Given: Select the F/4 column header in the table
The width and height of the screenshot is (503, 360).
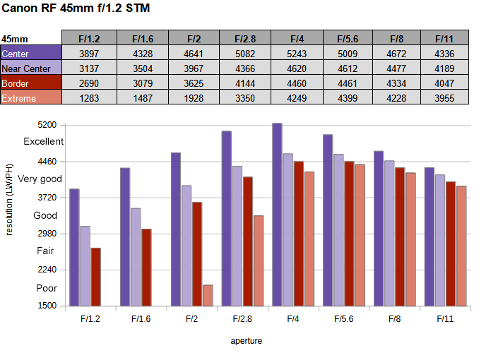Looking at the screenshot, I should pyautogui.click(x=297, y=38).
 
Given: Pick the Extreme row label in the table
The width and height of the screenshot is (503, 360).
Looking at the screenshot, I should pyautogui.click(x=19, y=98).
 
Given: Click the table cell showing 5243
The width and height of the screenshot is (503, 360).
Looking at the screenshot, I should pyautogui.click(x=297, y=54).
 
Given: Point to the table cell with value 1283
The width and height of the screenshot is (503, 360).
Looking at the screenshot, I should pyautogui.click(x=88, y=98).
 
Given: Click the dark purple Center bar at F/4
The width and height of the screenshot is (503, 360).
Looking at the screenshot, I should pyautogui.click(x=277, y=215).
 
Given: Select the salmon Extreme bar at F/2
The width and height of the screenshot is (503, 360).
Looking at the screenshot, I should pyautogui.click(x=208, y=295).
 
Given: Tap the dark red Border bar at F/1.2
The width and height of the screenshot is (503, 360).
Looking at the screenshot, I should pyautogui.click(x=95, y=277).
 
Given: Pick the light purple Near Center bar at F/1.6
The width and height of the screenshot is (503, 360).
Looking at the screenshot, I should pyautogui.click(x=136, y=257).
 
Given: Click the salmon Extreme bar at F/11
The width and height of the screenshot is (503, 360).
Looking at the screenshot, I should pyautogui.click(x=461, y=246).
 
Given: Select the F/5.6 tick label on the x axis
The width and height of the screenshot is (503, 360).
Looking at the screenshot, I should pyautogui.click(x=344, y=319).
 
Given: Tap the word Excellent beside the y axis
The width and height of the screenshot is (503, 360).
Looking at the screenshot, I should pyautogui.click(x=43, y=141).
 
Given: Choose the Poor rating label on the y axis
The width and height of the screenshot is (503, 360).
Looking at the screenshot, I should pyautogui.click(x=47, y=288).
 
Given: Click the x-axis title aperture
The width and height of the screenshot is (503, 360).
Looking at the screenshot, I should pyautogui.click(x=247, y=341).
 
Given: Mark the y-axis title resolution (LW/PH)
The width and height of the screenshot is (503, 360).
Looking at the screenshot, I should pyautogui.click(x=10, y=199).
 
